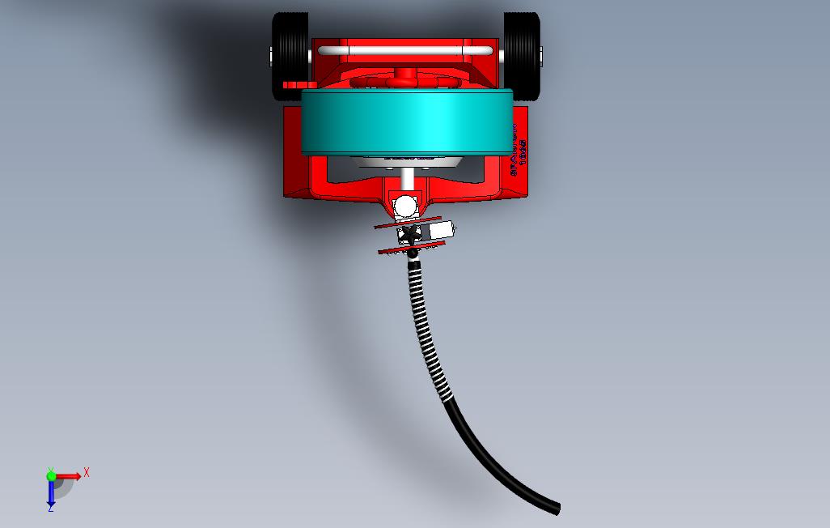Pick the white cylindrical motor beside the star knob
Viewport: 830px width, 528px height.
tap(441, 232)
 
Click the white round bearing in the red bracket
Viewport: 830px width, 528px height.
tap(404, 207)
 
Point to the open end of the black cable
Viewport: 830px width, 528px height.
tap(556, 509)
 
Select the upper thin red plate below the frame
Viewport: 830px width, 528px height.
tap(408, 223)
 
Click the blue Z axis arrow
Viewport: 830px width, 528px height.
tap(51, 494)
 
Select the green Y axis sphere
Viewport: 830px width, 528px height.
tap(51, 476)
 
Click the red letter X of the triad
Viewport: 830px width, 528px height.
tap(86, 472)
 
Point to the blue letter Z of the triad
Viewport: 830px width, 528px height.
tap(50, 509)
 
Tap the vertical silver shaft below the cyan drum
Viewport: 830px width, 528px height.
tap(408, 178)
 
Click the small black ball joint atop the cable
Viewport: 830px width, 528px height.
tap(413, 254)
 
